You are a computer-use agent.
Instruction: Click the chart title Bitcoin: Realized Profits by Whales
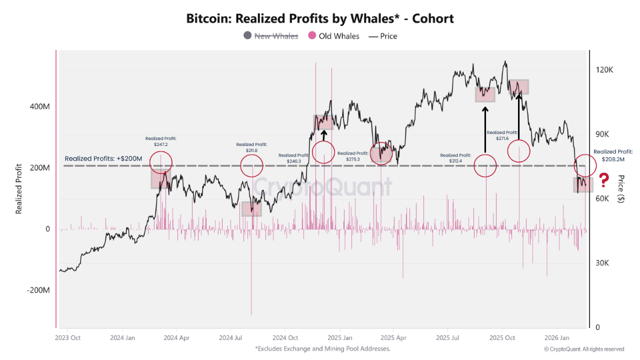tap(320, 19)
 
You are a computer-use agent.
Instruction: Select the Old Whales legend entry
tap(333, 36)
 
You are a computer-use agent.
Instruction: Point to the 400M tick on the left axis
tap(40, 106)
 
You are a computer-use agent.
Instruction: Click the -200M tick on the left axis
tap(38, 290)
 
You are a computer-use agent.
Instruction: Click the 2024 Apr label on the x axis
tap(176, 337)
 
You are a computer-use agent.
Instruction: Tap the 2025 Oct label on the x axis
tap(502, 337)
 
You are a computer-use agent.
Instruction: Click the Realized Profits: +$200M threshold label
tap(103, 158)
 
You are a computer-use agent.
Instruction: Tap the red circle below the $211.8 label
tap(251, 165)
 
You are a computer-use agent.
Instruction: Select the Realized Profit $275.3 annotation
tap(352, 156)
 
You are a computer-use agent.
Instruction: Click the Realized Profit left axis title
tap(19, 189)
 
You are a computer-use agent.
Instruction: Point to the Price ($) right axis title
tap(620, 188)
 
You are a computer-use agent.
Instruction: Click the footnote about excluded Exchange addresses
tap(322, 348)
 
